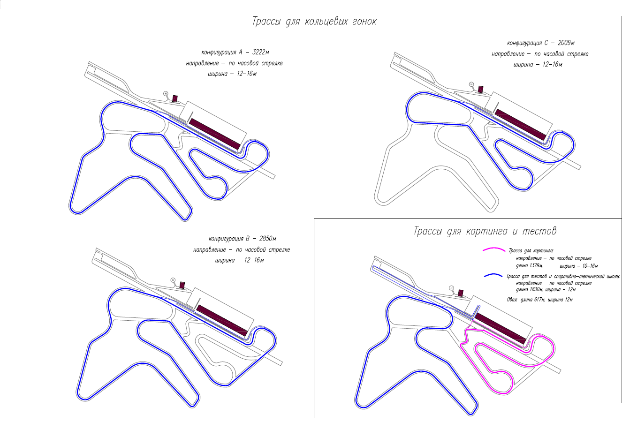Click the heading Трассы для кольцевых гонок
click(314, 22)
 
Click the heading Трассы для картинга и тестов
click(485, 231)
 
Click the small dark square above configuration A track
click(175, 98)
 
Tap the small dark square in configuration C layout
click(480, 89)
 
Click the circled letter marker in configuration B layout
click(173, 280)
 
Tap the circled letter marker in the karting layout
click(451, 288)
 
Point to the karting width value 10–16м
click(581, 266)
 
